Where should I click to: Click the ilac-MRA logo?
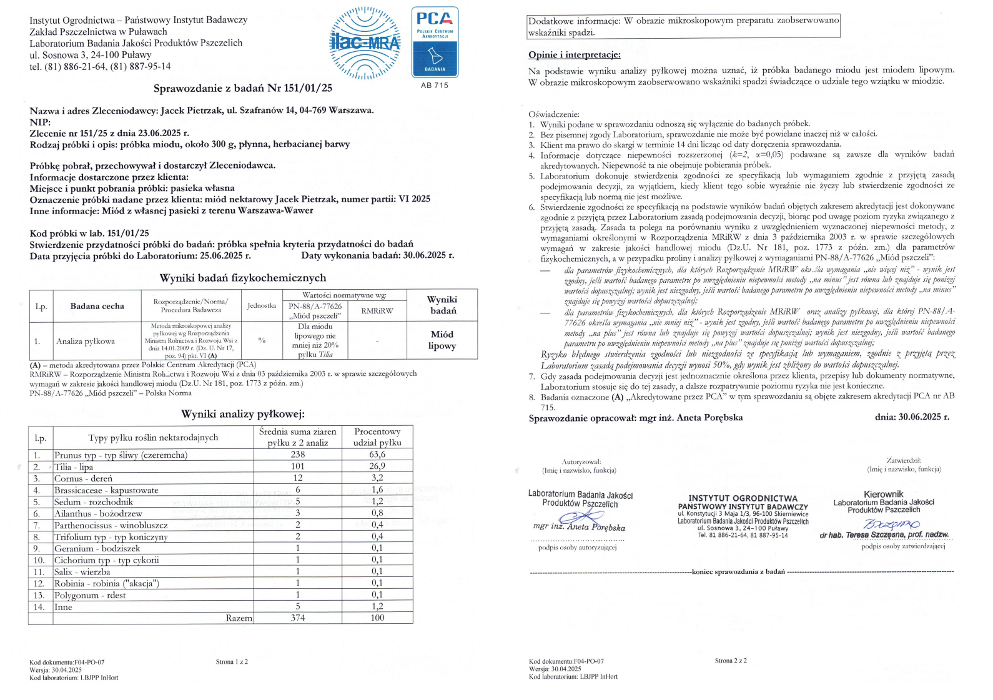coord(365,43)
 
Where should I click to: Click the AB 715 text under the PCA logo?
coord(434,86)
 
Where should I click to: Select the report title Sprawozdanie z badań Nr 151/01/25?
coord(243,88)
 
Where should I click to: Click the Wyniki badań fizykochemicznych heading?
coord(243,278)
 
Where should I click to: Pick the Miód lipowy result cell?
coord(442,340)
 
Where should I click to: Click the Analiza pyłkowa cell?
coord(86,341)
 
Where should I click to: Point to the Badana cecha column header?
coord(97,306)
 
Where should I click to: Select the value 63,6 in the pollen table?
coord(377,455)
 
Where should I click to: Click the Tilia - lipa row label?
coord(74,466)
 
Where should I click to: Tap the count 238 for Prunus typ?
coord(298,455)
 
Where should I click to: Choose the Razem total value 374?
coord(298,618)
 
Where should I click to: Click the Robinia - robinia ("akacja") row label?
coord(107,583)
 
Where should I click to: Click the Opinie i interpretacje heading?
coord(575,55)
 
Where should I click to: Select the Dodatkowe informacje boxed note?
coord(683,27)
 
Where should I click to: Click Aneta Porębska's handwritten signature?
coord(581,518)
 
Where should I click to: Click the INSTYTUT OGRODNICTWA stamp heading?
coord(743,498)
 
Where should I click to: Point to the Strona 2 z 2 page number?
coord(731,660)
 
